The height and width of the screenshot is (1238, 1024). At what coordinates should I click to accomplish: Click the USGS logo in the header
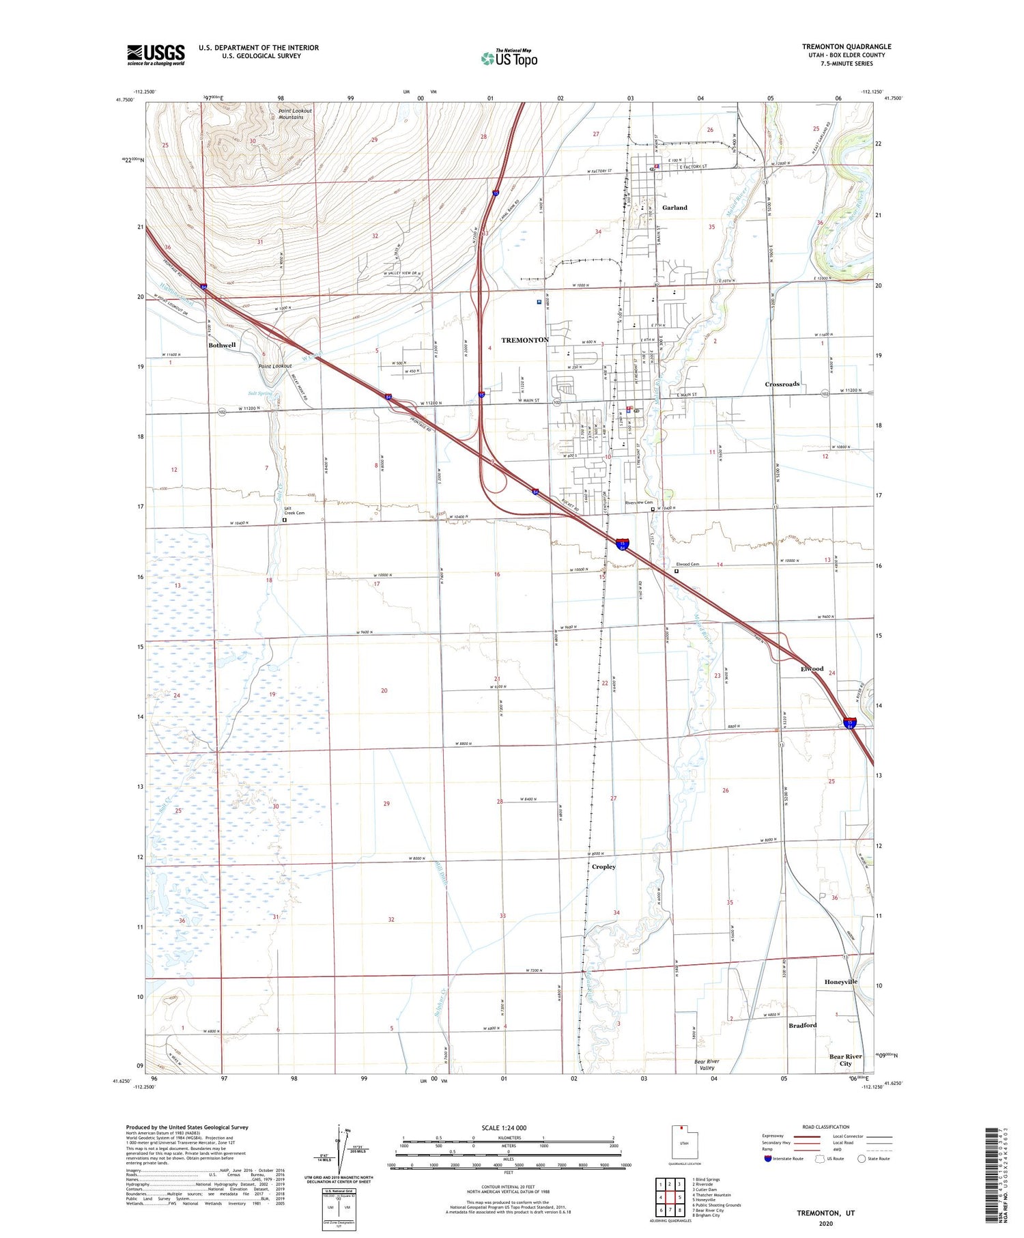[156, 55]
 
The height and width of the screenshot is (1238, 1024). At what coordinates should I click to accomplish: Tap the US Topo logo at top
[509, 58]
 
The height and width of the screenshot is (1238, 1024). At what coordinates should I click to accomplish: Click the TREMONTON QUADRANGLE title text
[846, 46]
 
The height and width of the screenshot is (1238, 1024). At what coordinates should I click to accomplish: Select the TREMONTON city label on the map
[525, 340]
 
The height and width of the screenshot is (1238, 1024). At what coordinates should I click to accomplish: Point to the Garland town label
[674, 208]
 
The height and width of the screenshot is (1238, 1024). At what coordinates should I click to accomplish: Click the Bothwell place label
[222, 346]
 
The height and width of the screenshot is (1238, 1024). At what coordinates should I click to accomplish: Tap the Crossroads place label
[782, 384]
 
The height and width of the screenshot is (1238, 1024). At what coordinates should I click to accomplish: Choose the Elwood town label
[812, 669]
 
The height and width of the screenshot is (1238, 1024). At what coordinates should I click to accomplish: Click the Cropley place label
[603, 867]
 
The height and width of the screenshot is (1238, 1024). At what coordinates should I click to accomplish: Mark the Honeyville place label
[840, 982]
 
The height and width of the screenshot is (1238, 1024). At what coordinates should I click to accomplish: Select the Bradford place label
[802, 1025]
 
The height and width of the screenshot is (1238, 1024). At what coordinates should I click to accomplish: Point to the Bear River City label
[845, 1060]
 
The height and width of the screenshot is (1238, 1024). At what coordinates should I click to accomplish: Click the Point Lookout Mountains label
[295, 114]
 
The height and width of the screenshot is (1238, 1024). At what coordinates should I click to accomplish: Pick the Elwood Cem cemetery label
[687, 565]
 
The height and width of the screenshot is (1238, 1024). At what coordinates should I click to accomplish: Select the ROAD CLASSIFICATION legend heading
[825, 1127]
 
